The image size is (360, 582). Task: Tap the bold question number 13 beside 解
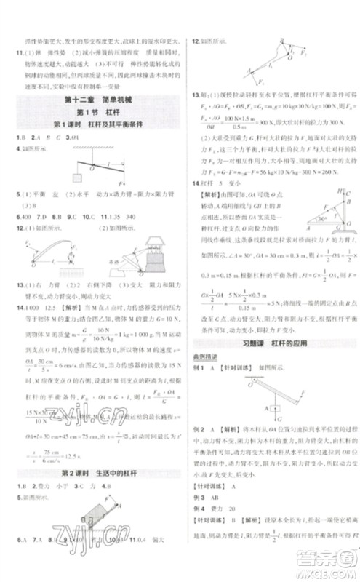195,94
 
